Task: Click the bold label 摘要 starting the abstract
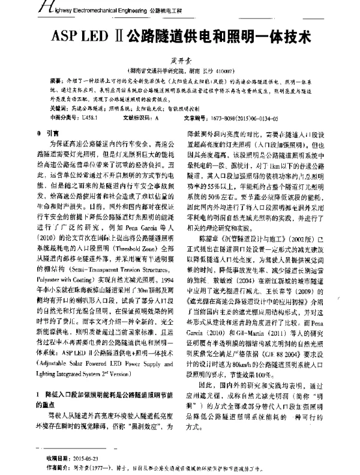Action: (58, 79)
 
